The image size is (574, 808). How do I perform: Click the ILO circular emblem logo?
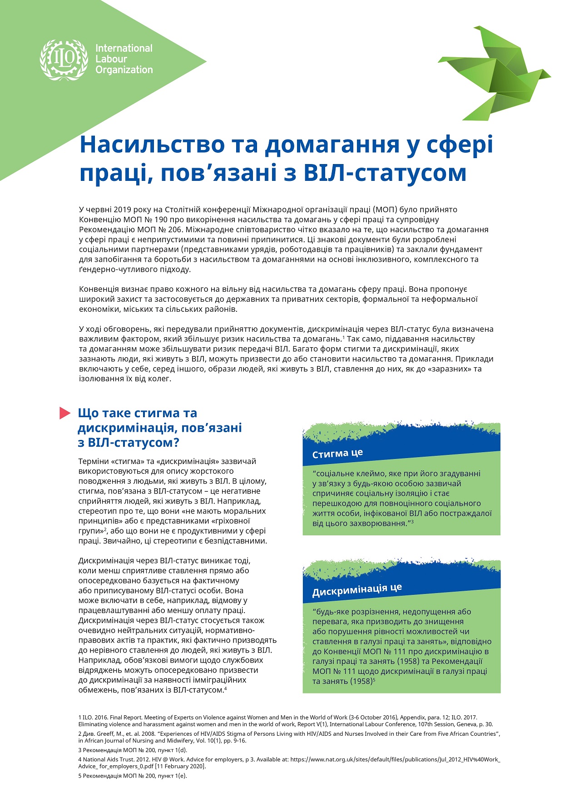pos(64,59)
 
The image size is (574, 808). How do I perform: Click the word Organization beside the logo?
pos(124,70)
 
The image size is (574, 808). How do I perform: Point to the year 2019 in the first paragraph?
pos(122,209)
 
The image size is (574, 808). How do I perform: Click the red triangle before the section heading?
pos(65,413)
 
